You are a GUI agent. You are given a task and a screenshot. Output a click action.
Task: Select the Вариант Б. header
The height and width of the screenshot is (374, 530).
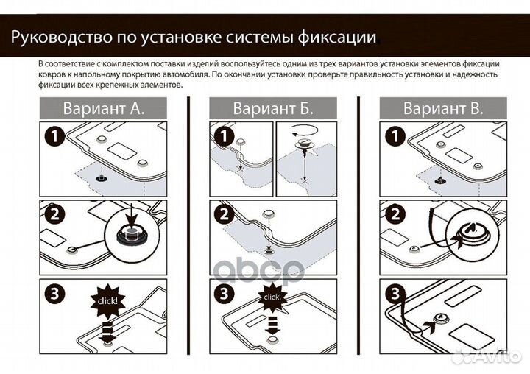273,109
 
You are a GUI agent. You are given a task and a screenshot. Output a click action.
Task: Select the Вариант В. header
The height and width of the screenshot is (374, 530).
443,109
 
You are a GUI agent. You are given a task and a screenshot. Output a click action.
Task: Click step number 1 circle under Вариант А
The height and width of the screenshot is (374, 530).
54,138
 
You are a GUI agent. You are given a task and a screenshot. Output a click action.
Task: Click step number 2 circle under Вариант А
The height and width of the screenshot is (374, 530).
54,216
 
